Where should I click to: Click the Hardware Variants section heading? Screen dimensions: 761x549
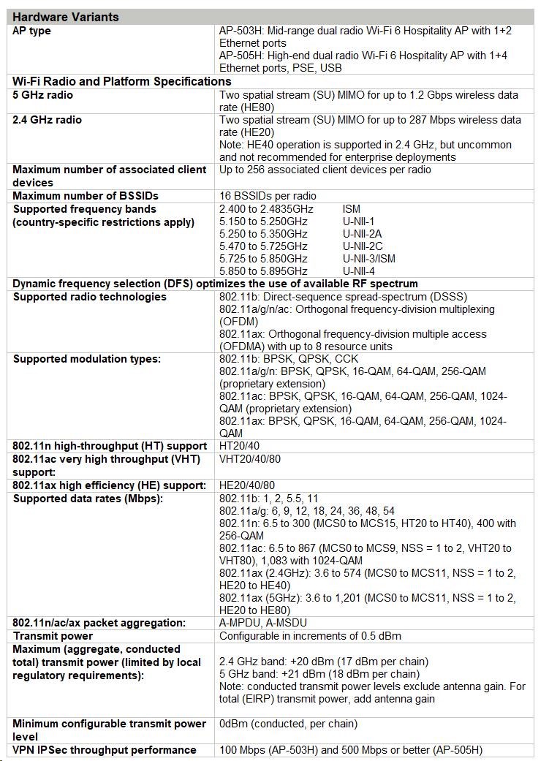[66, 17]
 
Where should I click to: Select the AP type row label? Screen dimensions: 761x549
[32, 31]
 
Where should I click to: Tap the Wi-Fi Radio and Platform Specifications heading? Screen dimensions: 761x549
[122, 81]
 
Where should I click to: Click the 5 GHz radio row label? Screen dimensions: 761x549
[43, 95]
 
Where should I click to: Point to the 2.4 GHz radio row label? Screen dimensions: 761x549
[48, 120]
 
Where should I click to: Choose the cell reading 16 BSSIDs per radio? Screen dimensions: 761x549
[268, 196]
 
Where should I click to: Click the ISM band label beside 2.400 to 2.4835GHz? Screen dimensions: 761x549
[351, 209]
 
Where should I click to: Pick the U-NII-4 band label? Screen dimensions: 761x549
[358, 271]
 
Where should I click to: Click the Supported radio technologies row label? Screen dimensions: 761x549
[90, 297]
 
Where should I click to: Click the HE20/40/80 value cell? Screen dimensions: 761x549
[247, 485]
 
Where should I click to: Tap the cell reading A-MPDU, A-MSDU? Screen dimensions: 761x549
[263, 623]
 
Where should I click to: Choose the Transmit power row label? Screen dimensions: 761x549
[50, 636]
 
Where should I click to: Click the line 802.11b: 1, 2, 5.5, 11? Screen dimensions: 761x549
[268, 499]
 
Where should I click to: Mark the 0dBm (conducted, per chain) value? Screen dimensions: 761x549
[288, 724]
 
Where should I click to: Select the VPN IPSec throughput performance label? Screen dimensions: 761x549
[105, 750]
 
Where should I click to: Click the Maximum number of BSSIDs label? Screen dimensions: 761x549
[86, 196]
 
